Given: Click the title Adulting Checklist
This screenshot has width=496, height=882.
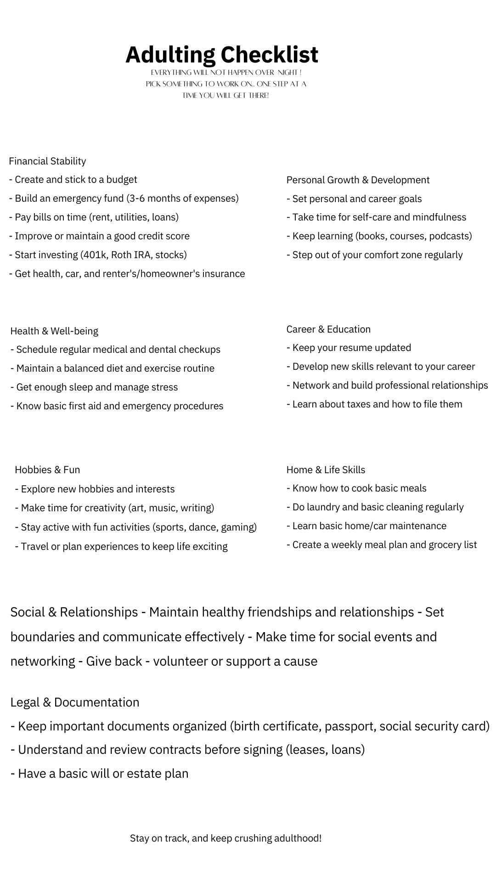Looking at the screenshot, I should (x=222, y=55).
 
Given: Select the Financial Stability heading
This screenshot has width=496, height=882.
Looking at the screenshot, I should (x=47, y=161).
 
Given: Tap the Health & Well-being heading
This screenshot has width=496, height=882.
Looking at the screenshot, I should (x=54, y=331).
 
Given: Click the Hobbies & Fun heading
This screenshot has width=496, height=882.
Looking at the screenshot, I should (x=47, y=469).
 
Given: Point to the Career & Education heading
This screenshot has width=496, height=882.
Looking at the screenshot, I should (x=328, y=329).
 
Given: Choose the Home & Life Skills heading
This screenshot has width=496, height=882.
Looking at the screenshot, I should (x=326, y=469).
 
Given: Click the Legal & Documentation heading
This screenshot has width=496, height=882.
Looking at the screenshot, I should (x=75, y=702).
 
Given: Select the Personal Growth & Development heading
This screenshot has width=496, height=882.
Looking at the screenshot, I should (x=358, y=180).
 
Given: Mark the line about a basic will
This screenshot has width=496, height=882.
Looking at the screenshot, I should (x=100, y=774).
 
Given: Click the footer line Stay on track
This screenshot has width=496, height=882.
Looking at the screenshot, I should (x=225, y=838).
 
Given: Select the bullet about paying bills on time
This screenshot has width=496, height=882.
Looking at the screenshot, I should (x=94, y=217).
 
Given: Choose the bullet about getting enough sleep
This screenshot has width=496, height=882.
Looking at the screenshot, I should (x=94, y=387).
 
